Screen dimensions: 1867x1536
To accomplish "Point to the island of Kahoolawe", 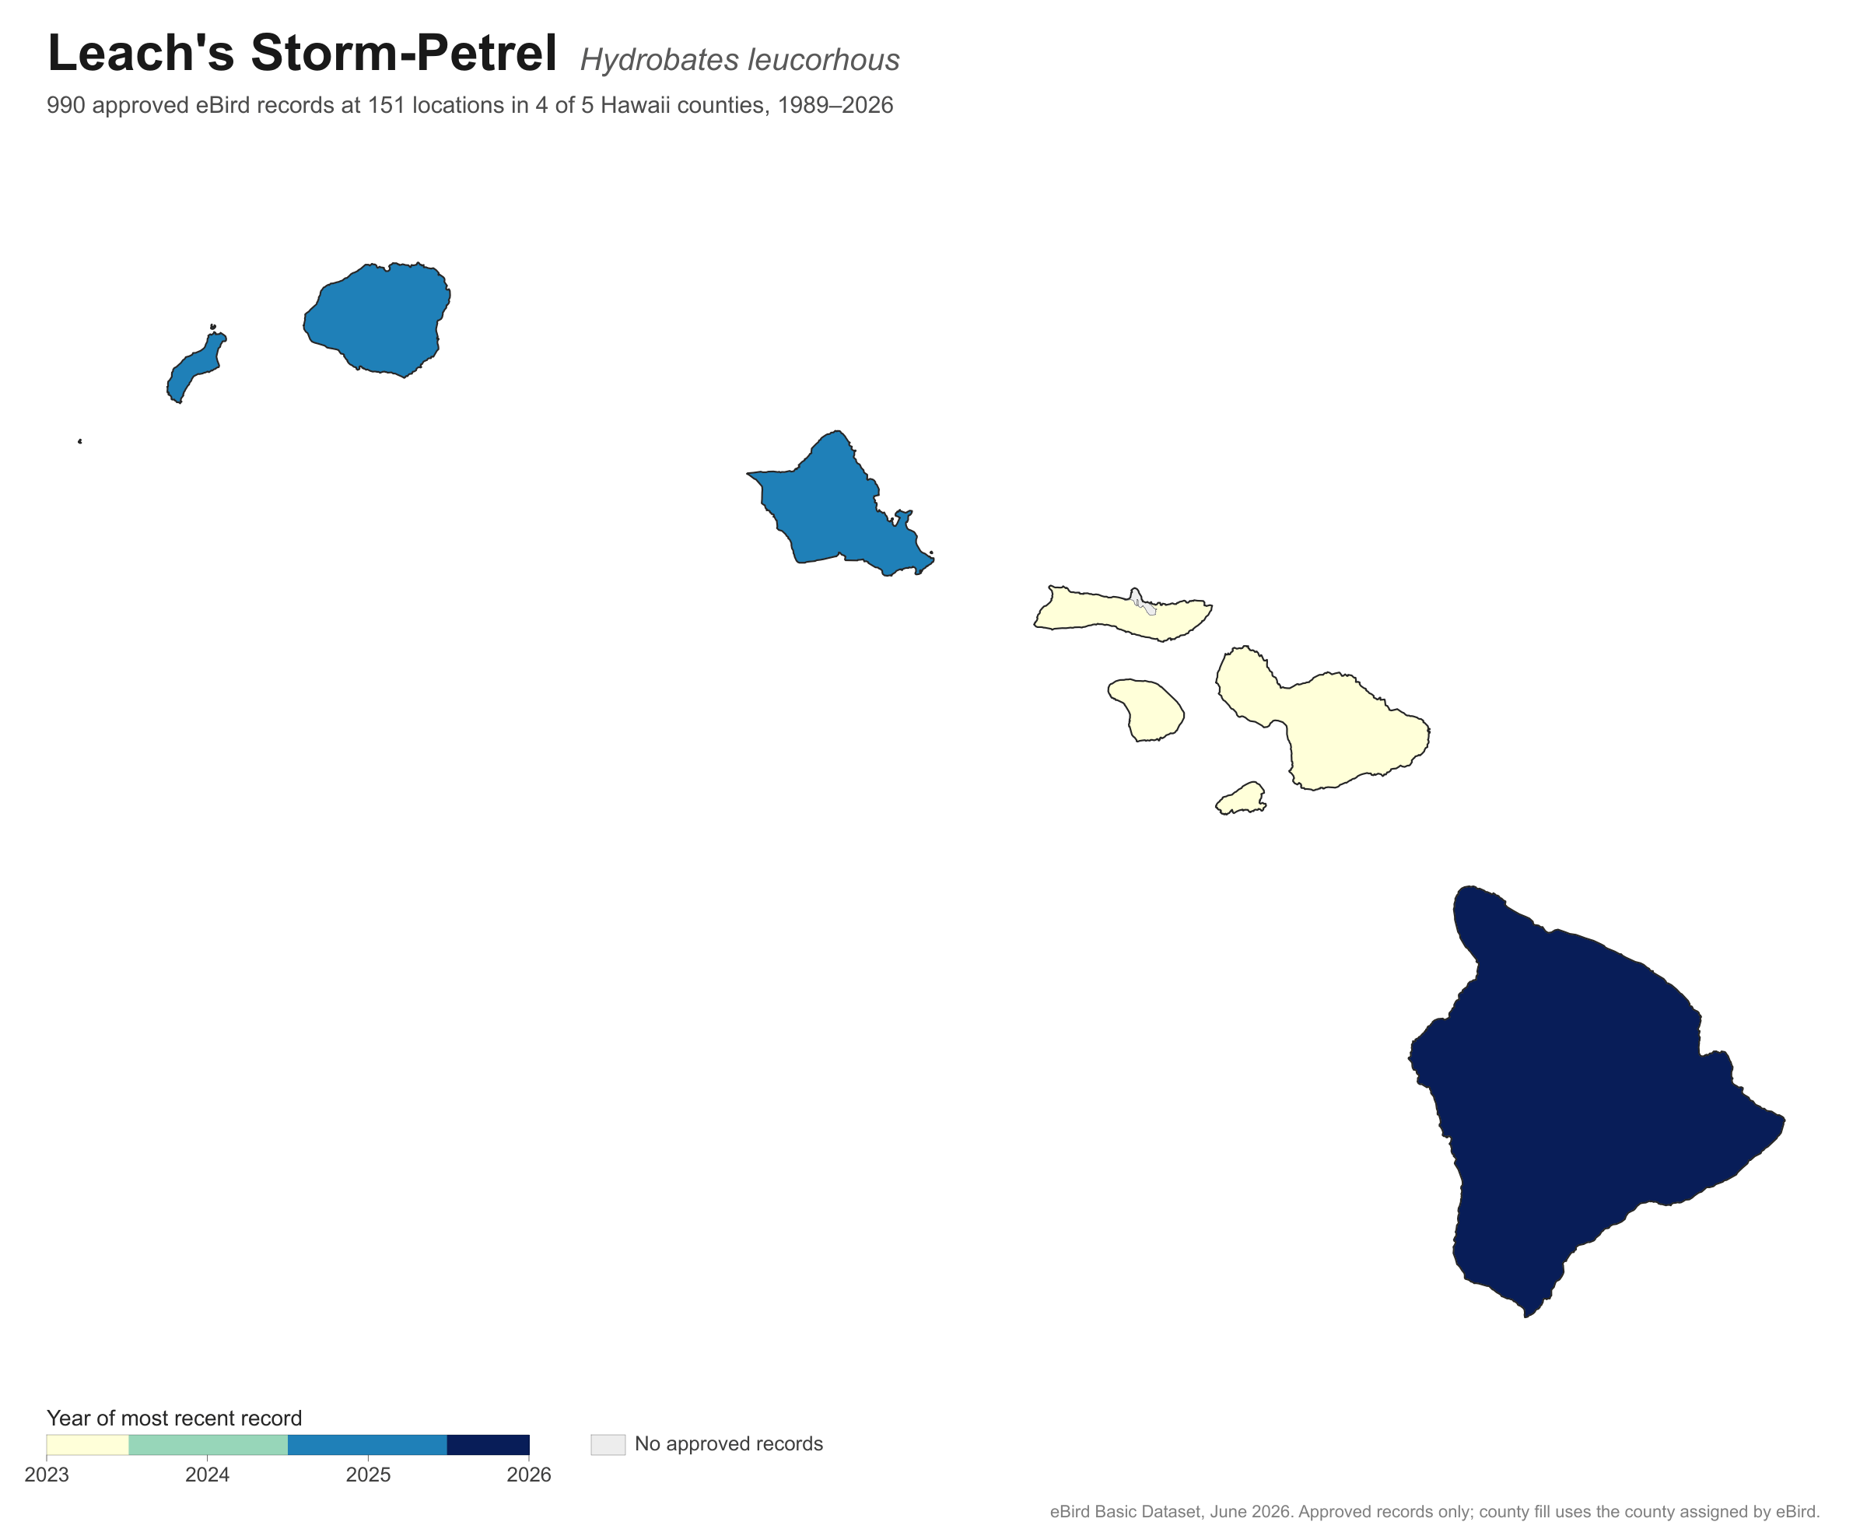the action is point(1242,799).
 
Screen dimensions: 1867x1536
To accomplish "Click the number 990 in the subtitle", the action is point(65,105).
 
